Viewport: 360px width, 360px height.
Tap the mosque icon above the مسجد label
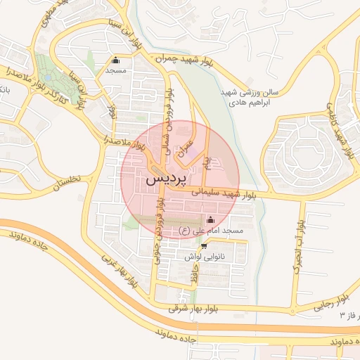(116, 60)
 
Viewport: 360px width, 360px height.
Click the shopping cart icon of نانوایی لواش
(204, 246)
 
